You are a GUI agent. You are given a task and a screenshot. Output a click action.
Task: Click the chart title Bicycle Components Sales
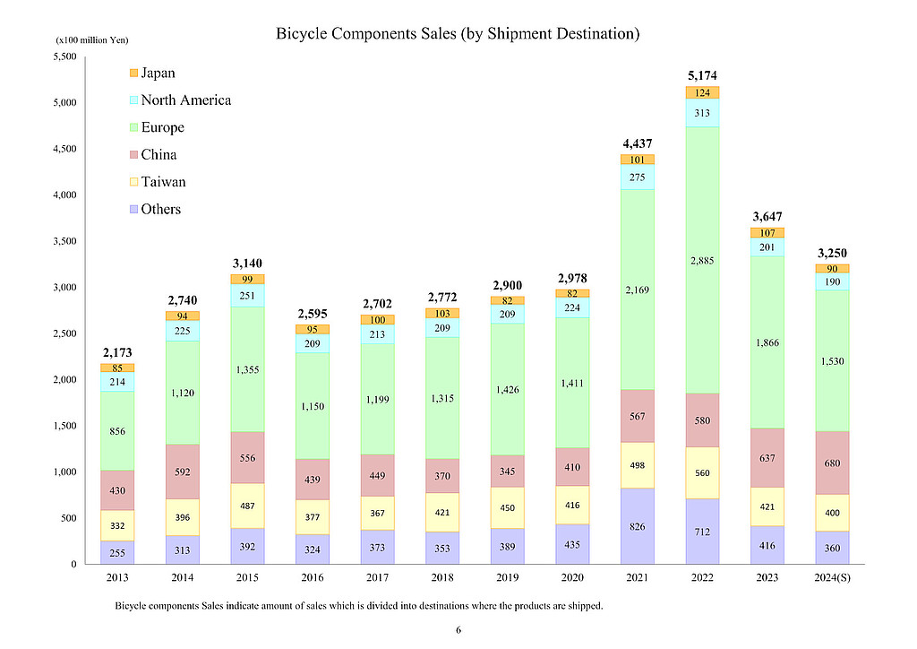(x=458, y=34)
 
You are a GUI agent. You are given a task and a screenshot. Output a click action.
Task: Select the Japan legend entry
(x=158, y=73)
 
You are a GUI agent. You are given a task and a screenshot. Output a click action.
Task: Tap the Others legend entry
(x=160, y=210)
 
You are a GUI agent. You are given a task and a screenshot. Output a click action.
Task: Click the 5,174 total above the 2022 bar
(x=702, y=75)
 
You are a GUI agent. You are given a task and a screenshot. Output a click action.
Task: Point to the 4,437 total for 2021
(x=637, y=143)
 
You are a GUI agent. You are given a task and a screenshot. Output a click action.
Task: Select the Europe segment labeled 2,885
(x=702, y=261)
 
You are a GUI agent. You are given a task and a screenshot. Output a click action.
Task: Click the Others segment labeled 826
(x=637, y=526)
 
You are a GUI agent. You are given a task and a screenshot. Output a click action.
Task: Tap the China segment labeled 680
(x=832, y=463)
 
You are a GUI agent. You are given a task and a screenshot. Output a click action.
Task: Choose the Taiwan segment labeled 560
(x=702, y=472)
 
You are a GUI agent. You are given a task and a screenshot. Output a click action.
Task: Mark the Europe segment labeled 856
(x=117, y=431)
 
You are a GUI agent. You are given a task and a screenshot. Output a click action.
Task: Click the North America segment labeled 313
(x=702, y=113)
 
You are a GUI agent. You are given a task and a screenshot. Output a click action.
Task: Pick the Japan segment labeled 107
(x=767, y=233)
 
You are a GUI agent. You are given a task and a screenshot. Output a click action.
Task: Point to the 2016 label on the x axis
(x=313, y=576)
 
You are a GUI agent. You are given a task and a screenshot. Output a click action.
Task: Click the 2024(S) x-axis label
(x=832, y=576)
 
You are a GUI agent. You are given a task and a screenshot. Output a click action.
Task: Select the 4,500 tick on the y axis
(x=64, y=149)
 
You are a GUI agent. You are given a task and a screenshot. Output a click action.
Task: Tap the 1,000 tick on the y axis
(x=64, y=472)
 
